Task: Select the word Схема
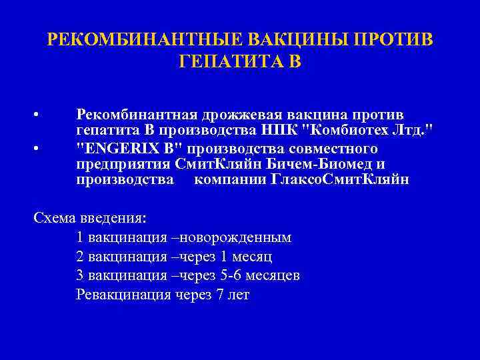pyautogui.click(x=54, y=218)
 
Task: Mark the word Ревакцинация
pyautogui.click(x=124, y=295)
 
